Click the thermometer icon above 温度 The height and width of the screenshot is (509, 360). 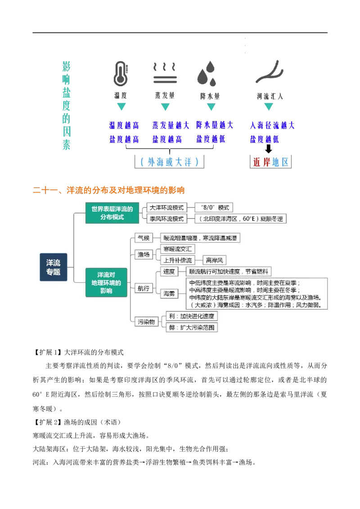pos(121,73)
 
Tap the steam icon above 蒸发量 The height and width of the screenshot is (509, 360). pos(165,73)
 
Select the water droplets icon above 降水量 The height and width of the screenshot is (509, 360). pos(207,74)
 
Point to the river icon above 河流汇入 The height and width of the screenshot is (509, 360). pos(270,71)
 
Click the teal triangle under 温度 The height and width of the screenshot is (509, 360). pos(121,107)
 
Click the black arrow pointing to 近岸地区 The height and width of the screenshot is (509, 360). pos(268,149)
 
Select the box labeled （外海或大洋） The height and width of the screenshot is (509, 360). pos(169,162)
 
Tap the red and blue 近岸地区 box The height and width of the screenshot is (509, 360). pos(270,162)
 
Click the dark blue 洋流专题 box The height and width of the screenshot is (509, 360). pos(53,267)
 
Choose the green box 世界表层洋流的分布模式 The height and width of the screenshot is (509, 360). pos(112,213)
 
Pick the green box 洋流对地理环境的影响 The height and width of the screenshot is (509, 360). pos(106,282)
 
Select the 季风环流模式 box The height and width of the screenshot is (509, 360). pos(166,219)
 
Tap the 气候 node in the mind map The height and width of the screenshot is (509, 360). pos(144,238)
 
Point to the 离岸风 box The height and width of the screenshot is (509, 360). pos(215,260)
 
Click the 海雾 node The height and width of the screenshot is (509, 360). pos(169,294)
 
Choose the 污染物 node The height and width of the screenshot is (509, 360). pos(147,321)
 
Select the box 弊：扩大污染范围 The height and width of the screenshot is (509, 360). pos(192,327)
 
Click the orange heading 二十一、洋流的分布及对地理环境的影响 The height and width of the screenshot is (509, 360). pos(108,190)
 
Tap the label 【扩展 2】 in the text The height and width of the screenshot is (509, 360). pos(47,422)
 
